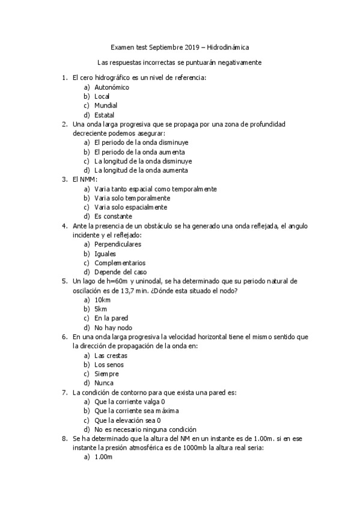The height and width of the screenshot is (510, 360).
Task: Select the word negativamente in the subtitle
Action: pos(239,62)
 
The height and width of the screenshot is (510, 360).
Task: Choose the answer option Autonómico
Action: pos(112,87)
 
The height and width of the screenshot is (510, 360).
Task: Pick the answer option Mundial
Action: pos(106,106)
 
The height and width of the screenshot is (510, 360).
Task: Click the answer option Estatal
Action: pos(105,115)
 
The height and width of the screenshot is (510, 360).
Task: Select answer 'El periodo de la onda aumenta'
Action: pos(139,152)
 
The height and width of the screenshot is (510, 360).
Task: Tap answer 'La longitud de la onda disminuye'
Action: pos(143,161)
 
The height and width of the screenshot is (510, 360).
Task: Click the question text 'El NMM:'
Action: pos(84,179)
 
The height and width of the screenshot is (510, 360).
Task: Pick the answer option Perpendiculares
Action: pos(118,244)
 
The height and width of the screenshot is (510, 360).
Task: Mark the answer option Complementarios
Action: pos(120,263)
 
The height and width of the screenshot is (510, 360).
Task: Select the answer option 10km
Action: pos(103,300)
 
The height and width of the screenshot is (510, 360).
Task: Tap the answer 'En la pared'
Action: pos(111,318)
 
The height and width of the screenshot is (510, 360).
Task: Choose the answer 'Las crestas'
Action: pos(111,355)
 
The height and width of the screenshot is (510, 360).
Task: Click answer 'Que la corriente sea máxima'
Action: pos(136,411)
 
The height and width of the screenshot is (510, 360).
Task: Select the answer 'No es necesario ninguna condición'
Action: pos(145,429)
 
